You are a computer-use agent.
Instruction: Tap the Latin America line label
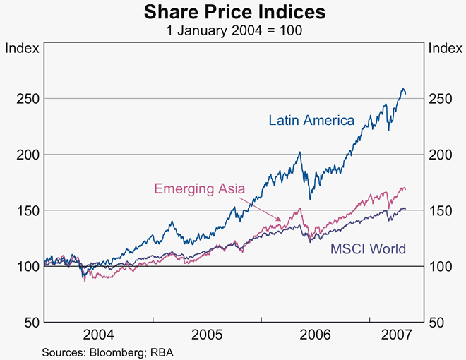coord(311,120)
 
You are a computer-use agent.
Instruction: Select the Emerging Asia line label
coord(200,188)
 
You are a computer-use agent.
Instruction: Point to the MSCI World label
coord(368,248)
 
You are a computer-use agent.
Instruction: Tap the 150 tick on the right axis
coord(440,210)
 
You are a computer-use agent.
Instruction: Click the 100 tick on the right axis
coord(440,266)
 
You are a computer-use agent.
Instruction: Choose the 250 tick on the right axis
coord(440,98)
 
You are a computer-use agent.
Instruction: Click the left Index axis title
coord(21,48)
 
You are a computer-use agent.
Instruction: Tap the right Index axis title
coord(445,48)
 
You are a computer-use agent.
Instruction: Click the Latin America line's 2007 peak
coord(402,88)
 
